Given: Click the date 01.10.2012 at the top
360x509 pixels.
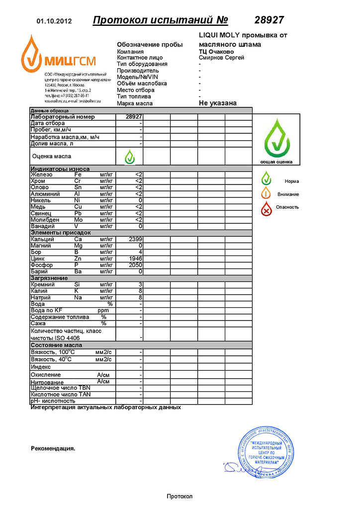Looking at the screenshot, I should [54, 21].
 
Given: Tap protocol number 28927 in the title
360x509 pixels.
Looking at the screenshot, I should [269, 20].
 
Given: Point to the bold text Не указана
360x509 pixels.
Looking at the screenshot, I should [217, 103].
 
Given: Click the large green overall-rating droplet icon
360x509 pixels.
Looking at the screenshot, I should [276, 137].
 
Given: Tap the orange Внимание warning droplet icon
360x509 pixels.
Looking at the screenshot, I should [267, 193].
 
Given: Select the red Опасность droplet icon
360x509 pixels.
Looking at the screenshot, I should [267, 208].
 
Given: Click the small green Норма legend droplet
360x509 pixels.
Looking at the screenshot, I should [267, 178].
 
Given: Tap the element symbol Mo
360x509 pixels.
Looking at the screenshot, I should [79, 220].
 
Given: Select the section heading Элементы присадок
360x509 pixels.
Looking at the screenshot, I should [61, 233].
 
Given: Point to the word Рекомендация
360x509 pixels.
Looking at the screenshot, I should [53, 448].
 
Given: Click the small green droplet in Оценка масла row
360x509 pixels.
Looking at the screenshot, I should [129, 157].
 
